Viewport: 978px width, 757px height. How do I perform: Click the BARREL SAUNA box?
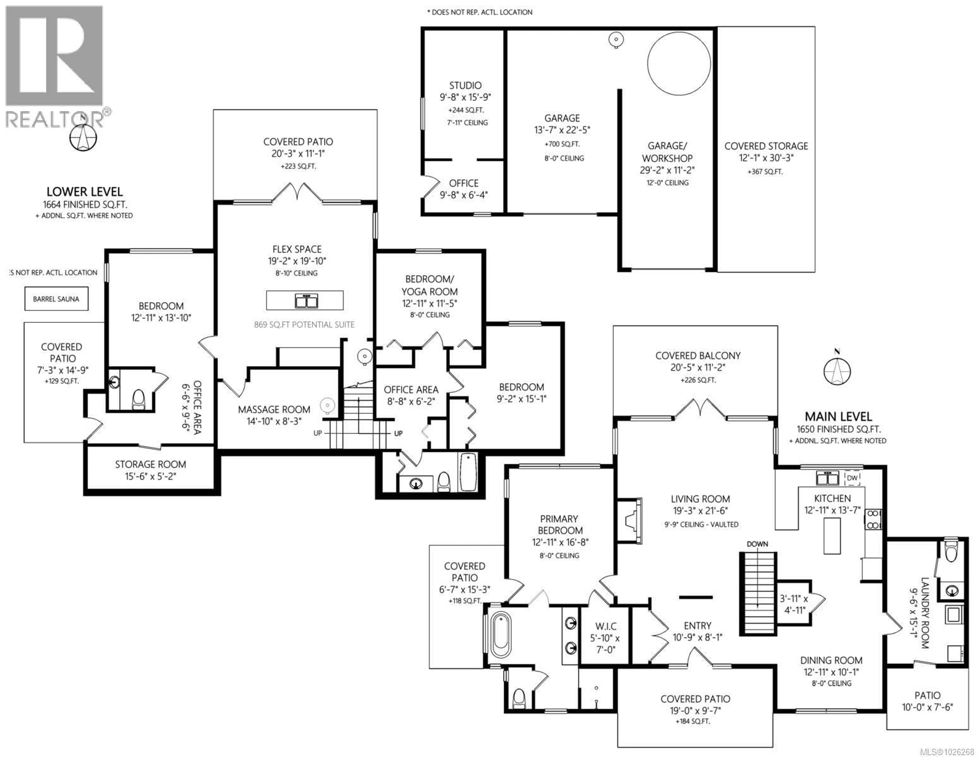tap(56, 299)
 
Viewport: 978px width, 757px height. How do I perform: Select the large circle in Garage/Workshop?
tap(678, 63)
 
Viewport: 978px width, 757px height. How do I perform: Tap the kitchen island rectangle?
tap(832, 536)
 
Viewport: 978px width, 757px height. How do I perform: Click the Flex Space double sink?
tap(306, 301)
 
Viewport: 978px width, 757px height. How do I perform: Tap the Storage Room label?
tap(151, 464)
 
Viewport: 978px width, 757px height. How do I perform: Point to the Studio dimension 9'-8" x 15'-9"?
tap(465, 97)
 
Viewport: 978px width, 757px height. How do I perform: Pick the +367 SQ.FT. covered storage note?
tap(765, 172)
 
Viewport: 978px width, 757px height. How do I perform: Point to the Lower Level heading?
tap(85, 192)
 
